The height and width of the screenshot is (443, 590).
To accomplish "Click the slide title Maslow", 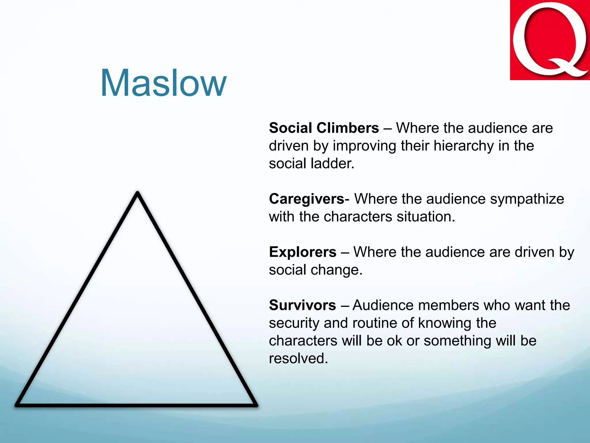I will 163,84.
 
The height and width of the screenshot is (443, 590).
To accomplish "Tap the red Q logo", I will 550,40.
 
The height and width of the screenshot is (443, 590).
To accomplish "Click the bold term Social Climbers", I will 324,128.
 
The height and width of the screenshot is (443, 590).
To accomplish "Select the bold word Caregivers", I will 307,199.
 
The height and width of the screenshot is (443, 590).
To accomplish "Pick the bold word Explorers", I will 302,252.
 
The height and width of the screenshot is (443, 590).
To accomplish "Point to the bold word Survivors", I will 302,305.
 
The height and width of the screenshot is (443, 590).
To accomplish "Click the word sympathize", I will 527,199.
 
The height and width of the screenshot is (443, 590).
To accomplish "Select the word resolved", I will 298,358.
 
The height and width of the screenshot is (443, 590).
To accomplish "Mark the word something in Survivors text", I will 457,341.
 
